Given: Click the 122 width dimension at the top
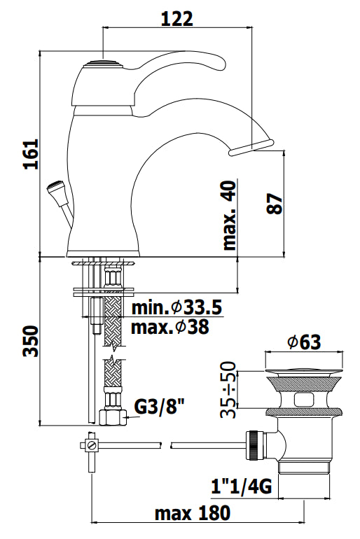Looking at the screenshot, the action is (x=177, y=19).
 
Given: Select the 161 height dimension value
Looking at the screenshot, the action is (x=31, y=154).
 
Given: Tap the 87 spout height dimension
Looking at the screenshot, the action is (x=275, y=204).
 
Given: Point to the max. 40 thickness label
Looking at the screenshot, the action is (x=230, y=216).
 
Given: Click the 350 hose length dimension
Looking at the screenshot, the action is (x=30, y=342).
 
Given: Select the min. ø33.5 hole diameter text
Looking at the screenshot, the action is (x=176, y=308).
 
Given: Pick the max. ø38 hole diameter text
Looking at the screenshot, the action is (x=170, y=327).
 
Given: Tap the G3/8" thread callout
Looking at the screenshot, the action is (x=159, y=407).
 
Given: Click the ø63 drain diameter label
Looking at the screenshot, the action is (x=305, y=342).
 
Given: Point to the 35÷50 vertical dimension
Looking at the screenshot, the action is (x=228, y=389).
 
